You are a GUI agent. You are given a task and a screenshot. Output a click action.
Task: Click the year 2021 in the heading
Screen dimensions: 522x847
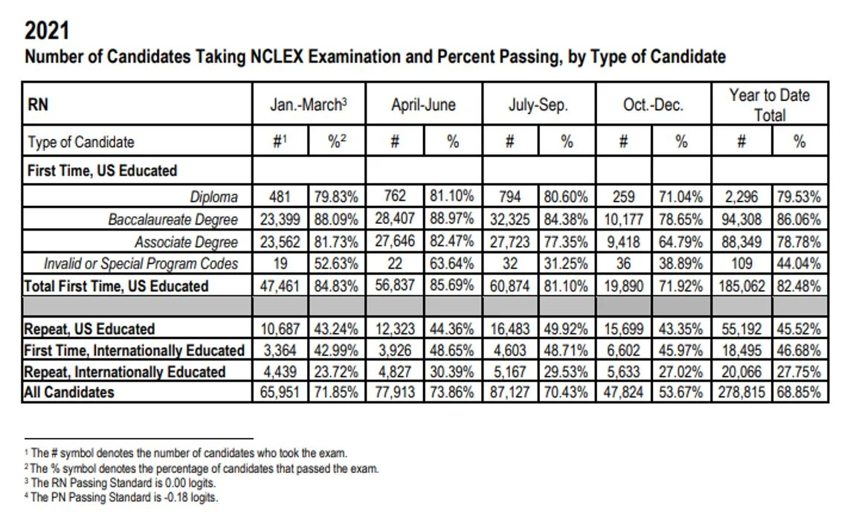(48, 31)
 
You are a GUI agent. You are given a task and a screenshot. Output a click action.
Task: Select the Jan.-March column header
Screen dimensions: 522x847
(309, 105)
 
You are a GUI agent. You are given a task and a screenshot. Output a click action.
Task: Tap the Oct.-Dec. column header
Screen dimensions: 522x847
(652, 105)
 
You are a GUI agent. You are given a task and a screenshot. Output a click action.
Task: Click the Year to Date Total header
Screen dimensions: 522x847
(769, 104)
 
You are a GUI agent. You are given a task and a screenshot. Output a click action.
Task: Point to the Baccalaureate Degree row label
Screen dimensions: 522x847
(173, 219)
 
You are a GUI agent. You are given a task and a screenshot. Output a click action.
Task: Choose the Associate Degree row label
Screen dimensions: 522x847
(186, 242)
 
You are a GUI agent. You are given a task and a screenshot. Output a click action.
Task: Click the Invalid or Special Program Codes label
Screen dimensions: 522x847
(141, 263)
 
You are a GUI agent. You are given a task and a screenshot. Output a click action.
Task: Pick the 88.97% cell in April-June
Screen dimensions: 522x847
(452, 219)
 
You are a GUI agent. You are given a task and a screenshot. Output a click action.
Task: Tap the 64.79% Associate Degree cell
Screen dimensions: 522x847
(681, 242)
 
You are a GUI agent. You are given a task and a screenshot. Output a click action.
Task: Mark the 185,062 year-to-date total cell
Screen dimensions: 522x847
(741, 286)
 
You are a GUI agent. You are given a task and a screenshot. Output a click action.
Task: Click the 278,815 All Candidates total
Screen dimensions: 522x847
(741, 393)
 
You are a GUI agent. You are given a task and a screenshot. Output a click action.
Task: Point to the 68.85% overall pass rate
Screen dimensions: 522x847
(799, 393)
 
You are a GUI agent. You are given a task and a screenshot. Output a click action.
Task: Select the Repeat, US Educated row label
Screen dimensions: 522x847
(89, 329)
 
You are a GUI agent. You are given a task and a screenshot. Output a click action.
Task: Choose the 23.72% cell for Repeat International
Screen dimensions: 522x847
(337, 371)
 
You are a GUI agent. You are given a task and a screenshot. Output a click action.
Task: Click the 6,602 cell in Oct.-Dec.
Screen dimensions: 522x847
(624, 350)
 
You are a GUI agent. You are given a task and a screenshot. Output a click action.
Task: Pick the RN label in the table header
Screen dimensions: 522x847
(38, 105)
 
